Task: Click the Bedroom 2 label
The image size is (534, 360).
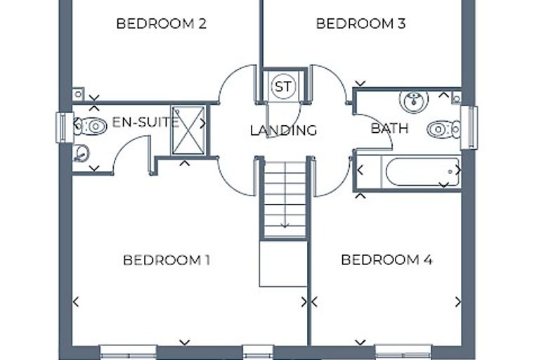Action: tap(162, 24)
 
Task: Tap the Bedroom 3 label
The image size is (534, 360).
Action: tap(360, 24)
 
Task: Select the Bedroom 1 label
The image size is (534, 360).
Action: tap(167, 260)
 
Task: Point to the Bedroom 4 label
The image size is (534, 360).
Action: tap(386, 259)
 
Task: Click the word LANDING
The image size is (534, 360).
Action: tap(283, 130)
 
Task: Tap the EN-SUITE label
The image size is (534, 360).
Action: tap(145, 122)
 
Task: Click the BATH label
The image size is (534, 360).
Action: tap(389, 129)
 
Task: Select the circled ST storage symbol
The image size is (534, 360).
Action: tap(283, 86)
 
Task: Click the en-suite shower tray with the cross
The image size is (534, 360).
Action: tap(188, 131)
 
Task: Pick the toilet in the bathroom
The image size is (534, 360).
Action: tap(444, 129)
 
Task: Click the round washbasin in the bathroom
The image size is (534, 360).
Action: tap(414, 101)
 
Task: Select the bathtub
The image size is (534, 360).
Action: tap(422, 172)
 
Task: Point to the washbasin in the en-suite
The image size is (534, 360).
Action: tap(81, 153)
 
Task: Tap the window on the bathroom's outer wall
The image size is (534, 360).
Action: tap(469, 128)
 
